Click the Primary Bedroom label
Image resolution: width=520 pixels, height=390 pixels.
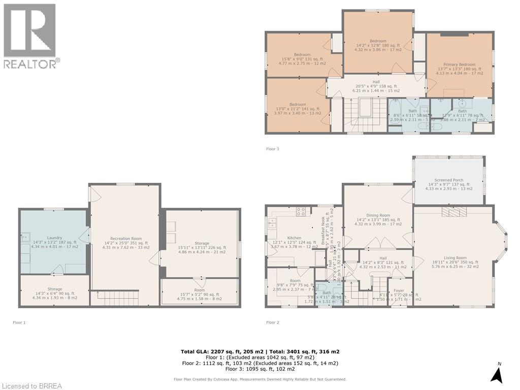pos(460,64)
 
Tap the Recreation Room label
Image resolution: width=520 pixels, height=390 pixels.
pos(126,239)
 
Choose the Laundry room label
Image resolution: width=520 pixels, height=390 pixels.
pos(54,238)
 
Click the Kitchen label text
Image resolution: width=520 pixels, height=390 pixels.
pos(295,238)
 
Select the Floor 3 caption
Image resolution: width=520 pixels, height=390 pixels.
pos(273,149)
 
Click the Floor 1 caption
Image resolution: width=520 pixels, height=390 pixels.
pos(19,322)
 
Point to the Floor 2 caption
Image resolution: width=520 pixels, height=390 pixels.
pos(273,322)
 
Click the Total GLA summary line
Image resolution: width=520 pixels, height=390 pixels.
pos(260,351)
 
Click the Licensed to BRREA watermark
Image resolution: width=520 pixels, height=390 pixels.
pos(31,386)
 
